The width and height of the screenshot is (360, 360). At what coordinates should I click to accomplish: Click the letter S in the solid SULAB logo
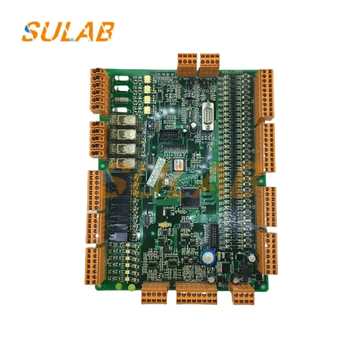32,31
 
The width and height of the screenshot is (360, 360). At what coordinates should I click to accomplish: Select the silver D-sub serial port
206,113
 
